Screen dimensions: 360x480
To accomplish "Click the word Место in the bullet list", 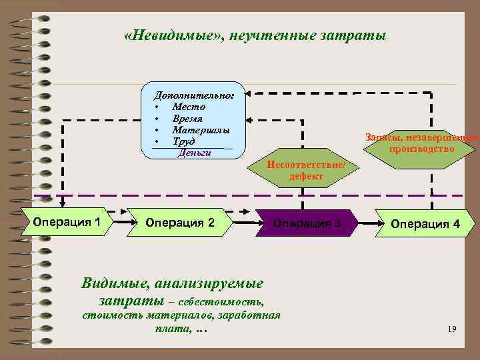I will (x=189, y=107).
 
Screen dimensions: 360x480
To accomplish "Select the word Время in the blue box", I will (x=187, y=118).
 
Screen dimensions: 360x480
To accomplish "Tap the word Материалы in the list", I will (x=201, y=129).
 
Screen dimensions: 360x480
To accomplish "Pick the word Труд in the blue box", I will (x=183, y=141).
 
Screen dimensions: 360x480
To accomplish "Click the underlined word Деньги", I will (x=194, y=152).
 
